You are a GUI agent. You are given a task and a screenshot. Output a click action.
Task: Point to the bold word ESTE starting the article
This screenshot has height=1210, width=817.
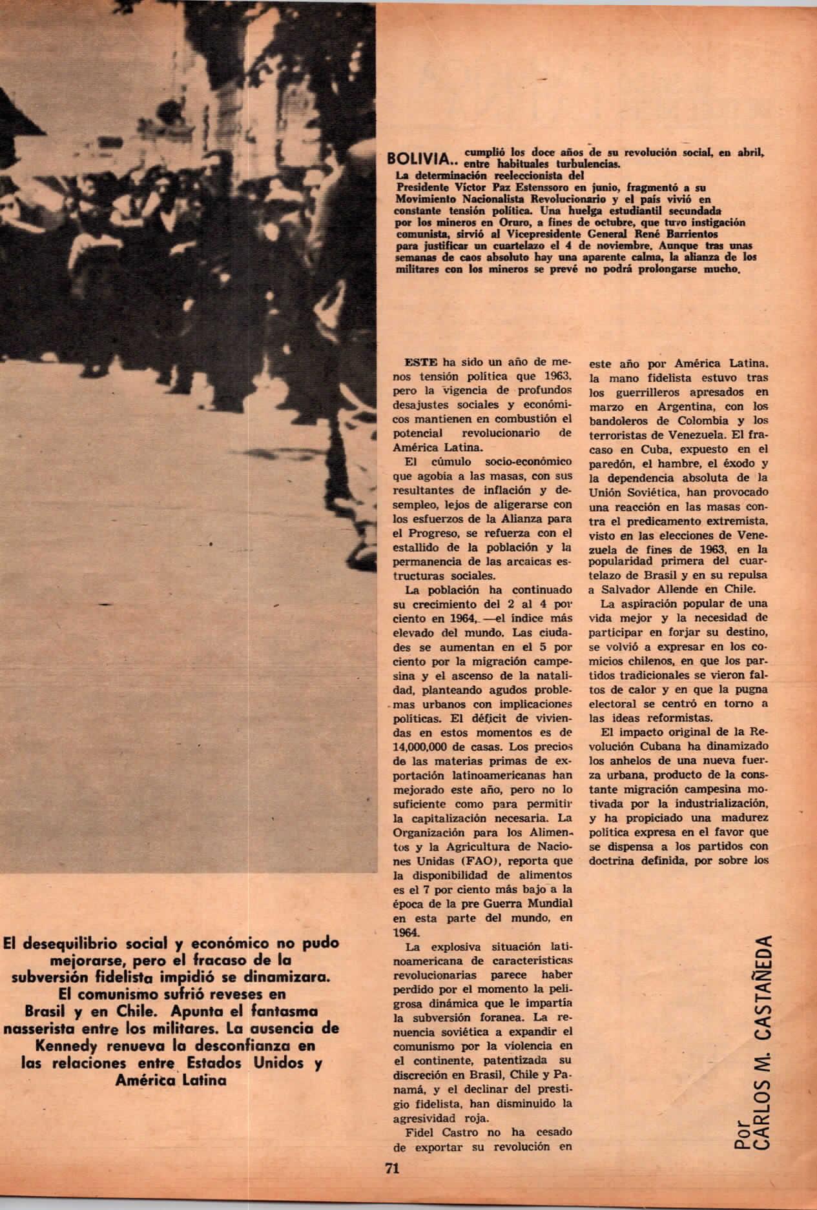(x=417, y=363)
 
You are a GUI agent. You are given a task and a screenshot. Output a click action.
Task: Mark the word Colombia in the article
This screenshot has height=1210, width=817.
(x=678, y=420)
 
